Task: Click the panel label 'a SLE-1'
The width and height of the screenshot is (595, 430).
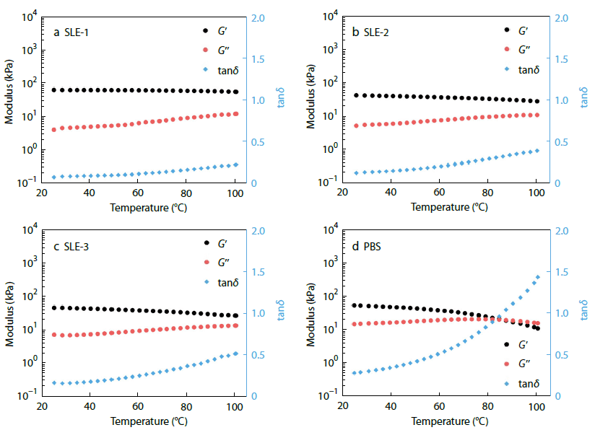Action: [x=72, y=32]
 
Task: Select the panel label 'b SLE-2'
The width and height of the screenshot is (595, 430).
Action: [x=373, y=32]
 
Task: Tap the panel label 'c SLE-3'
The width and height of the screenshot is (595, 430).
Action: [x=72, y=245]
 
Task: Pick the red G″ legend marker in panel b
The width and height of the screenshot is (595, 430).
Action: [x=506, y=50]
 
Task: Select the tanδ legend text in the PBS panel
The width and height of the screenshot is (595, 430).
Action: [x=530, y=383]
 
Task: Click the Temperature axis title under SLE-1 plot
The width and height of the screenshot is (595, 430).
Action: [x=143, y=208]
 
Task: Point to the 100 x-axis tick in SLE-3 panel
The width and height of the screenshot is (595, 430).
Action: [x=235, y=405]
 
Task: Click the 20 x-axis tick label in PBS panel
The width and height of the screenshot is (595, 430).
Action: [x=343, y=405]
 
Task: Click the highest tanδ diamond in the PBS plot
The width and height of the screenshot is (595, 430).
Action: [x=537, y=276]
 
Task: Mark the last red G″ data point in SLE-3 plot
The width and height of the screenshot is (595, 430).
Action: [x=235, y=325]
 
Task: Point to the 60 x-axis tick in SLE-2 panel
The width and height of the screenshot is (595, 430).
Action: [x=439, y=193]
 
